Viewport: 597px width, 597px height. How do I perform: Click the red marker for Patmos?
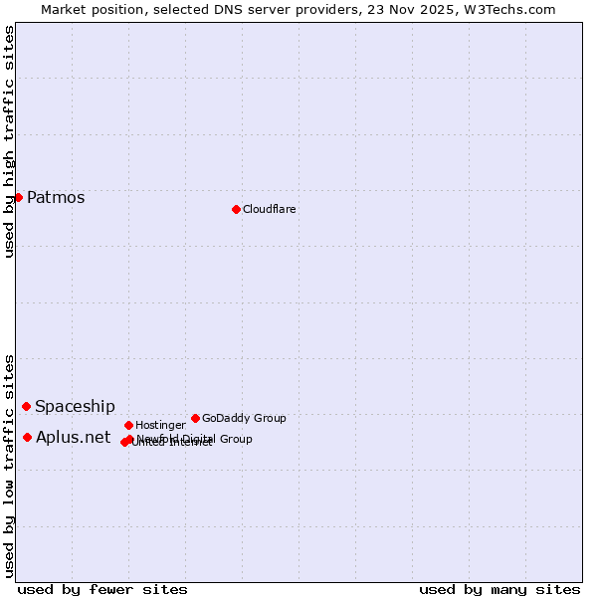pyautogui.click(x=18, y=197)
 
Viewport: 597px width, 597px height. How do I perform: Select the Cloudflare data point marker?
pyautogui.click(x=236, y=209)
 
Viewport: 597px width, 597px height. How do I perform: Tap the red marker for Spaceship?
pyautogui.click(x=26, y=406)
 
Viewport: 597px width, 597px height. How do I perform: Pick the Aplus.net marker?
pyautogui.click(x=27, y=437)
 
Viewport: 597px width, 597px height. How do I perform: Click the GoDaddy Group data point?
pyautogui.click(x=195, y=418)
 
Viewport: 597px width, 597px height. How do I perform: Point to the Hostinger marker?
pyautogui.click(x=128, y=425)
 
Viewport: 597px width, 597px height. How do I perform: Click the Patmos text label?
pyautogui.click(x=56, y=197)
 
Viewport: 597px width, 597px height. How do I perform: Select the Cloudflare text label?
pyautogui.click(x=270, y=209)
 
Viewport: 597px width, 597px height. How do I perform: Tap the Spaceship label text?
pyautogui.click(x=75, y=406)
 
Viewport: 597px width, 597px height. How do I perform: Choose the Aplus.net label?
pyautogui.click(x=73, y=437)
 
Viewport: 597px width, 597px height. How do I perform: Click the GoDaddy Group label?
pyautogui.click(x=244, y=418)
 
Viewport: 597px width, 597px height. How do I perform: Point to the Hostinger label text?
pyautogui.click(x=160, y=425)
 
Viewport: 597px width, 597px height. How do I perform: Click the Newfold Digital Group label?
pyautogui.click(x=195, y=438)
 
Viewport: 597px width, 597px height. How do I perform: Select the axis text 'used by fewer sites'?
pyautogui.click(x=102, y=589)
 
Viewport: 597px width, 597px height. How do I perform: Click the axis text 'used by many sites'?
pyautogui.click(x=499, y=589)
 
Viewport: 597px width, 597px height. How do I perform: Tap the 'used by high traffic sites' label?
pyautogui.click(x=9, y=141)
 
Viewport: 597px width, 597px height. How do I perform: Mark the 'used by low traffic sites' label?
pyautogui.click(x=9, y=465)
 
